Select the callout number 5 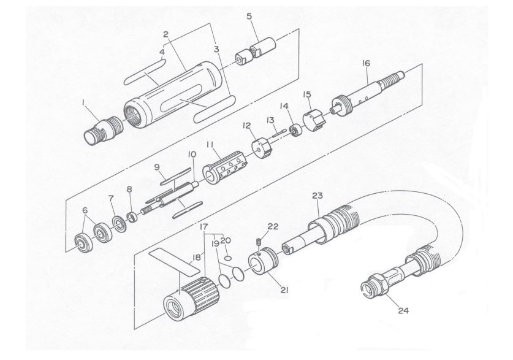coord(249,16)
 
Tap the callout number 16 coord(366,63)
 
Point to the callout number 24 coord(403,310)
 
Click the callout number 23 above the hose coord(317,196)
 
